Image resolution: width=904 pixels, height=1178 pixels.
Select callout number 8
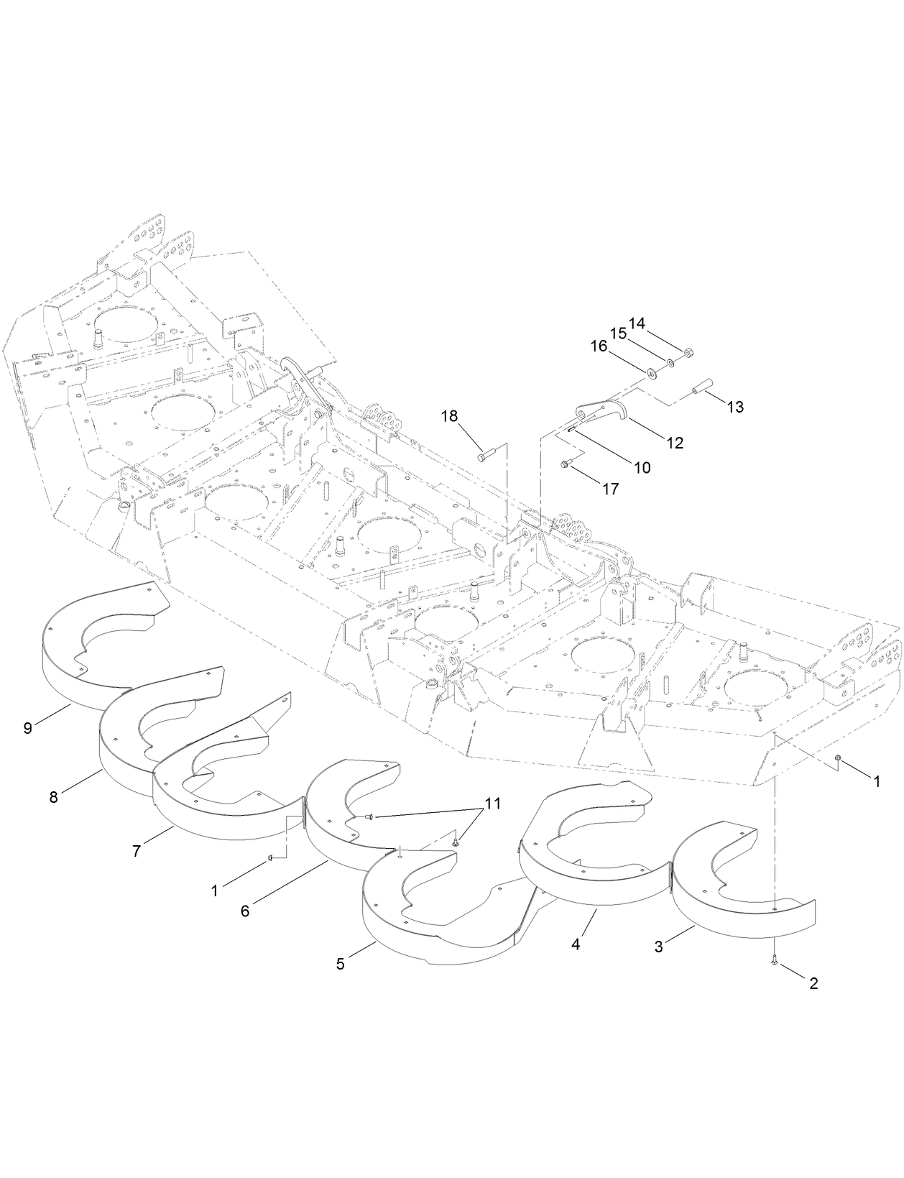[54, 796]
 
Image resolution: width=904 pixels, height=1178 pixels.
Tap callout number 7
[137, 850]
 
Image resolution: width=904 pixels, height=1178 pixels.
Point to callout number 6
[245, 911]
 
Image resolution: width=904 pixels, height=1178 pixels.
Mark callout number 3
[658, 947]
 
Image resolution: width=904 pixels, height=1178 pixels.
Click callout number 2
[813, 984]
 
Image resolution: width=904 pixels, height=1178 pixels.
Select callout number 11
[492, 804]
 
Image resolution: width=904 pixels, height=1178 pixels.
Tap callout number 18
[449, 416]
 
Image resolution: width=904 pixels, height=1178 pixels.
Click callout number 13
[734, 407]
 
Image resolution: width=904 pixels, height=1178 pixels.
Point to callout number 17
[610, 489]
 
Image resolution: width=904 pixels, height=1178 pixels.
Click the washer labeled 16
[650, 373]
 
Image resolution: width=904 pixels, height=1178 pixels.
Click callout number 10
[642, 467]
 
